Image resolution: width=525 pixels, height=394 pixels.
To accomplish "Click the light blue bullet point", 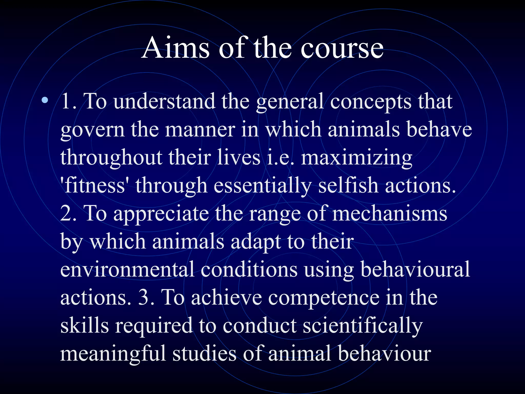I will click(45, 100).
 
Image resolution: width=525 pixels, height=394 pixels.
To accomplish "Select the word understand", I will click(164, 102).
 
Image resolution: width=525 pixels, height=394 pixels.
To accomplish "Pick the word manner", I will click(200, 130).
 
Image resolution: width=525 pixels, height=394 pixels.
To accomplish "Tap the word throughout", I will click(111, 158).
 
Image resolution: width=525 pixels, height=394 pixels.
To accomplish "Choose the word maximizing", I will click(357, 158).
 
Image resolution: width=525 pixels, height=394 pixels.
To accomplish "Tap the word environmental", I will click(127, 269).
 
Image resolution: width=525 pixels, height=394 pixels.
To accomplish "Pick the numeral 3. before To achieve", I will click(146, 298).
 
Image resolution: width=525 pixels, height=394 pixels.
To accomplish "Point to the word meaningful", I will click(113, 354).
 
